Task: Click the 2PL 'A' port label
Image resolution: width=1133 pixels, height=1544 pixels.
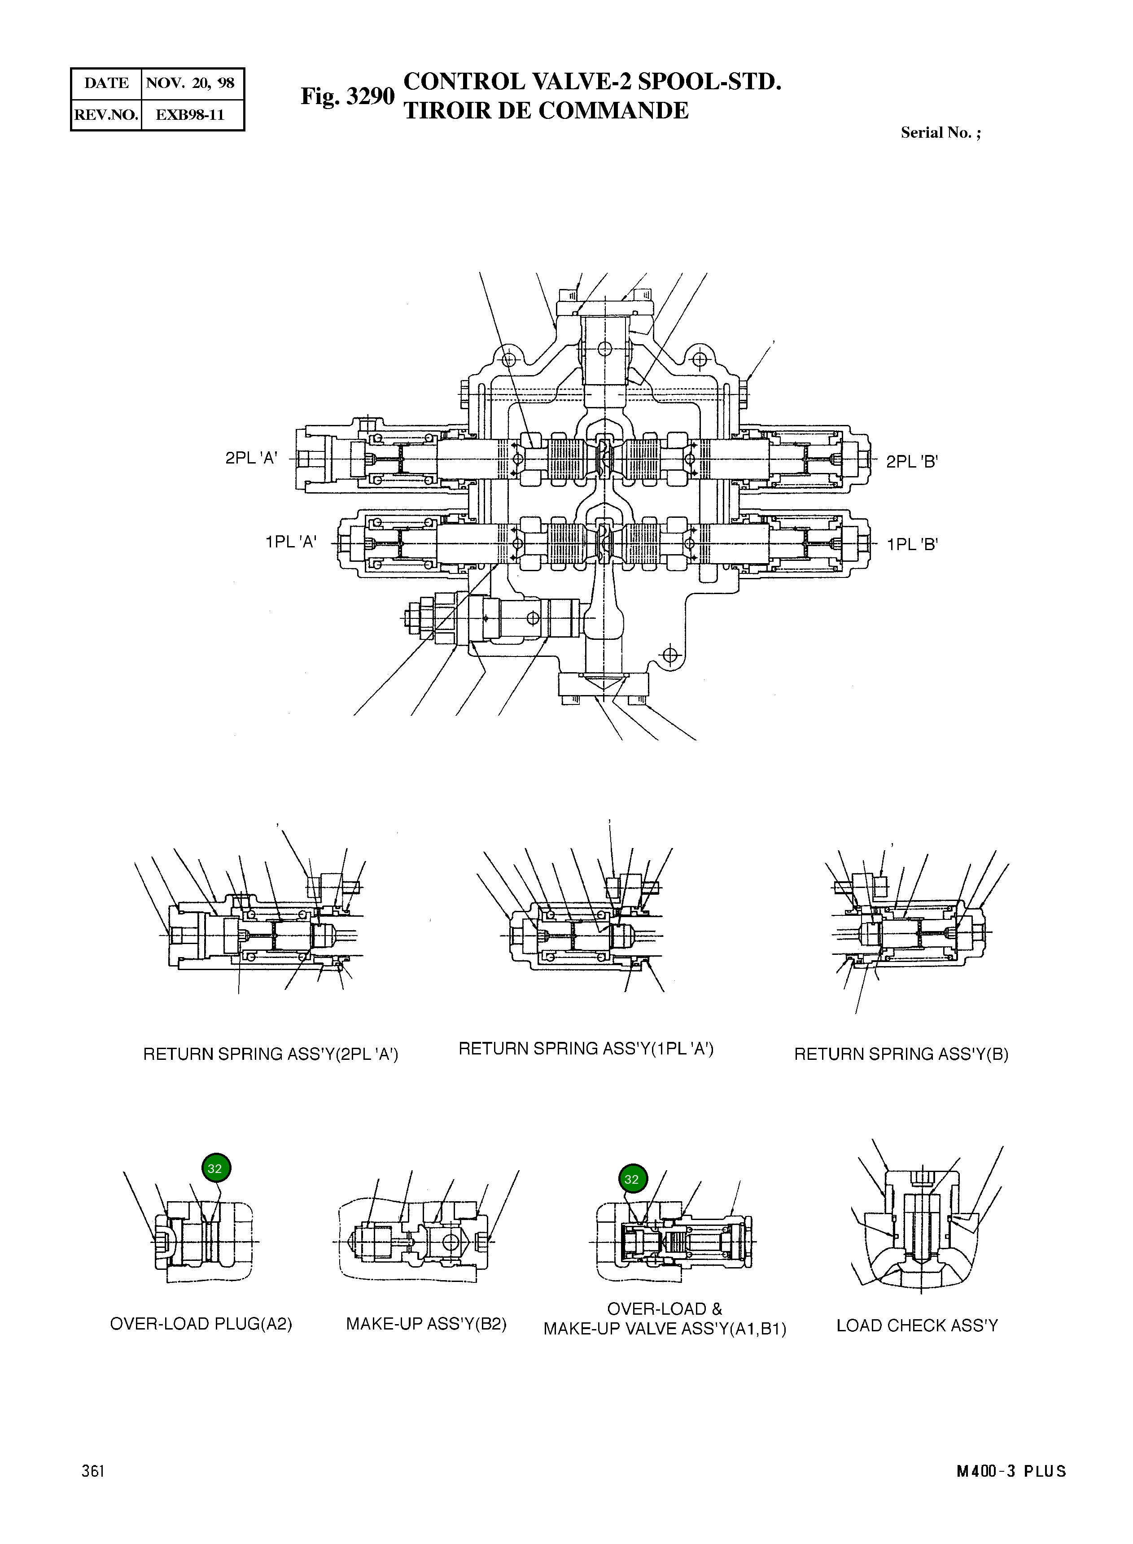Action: (251, 458)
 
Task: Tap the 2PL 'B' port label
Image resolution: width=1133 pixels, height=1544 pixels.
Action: (911, 462)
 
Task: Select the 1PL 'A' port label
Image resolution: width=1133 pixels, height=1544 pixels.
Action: (291, 542)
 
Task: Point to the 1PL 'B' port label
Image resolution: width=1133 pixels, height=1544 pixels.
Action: (912, 545)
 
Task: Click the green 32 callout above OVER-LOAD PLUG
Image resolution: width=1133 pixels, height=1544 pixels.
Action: (216, 1168)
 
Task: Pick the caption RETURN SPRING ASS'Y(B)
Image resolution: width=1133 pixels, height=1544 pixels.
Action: (901, 1054)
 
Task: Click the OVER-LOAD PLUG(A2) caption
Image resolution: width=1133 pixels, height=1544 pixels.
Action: (201, 1324)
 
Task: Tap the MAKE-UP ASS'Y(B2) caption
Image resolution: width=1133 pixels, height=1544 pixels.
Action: (426, 1324)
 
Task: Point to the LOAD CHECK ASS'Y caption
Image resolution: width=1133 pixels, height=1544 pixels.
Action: (917, 1325)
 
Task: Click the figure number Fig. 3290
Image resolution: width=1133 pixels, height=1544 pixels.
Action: (347, 96)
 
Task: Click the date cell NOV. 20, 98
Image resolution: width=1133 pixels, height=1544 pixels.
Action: (191, 83)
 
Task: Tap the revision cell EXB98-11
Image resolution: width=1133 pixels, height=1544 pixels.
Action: (191, 114)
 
